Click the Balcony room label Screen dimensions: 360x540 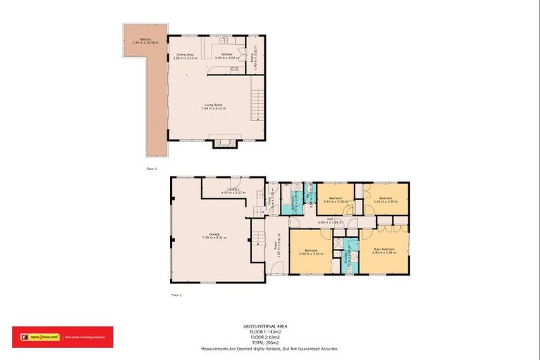tap(145, 40)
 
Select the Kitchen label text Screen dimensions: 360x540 tap(226, 56)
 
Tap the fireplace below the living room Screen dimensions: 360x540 tap(226, 143)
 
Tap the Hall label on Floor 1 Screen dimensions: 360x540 tap(325, 220)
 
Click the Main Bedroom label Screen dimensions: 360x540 tap(383, 250)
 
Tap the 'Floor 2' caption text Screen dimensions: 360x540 tap(151, 169)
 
